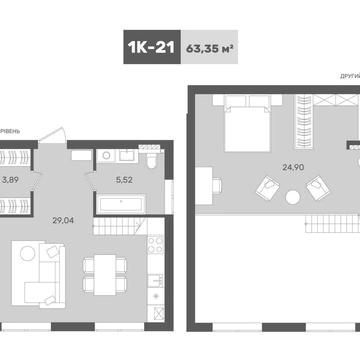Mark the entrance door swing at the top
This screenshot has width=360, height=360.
pyautogui.click(x=61, y=139)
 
